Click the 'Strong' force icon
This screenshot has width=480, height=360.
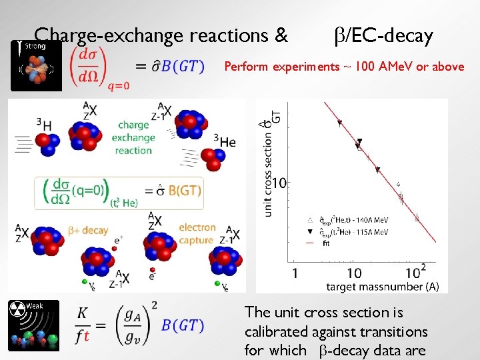tap(36, 65)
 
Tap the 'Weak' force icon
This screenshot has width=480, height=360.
tap(33, 325)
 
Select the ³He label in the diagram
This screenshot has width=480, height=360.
tap(224, 141)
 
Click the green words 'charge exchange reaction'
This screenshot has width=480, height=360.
tap(133, 137)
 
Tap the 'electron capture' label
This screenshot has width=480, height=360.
tap(197, 233)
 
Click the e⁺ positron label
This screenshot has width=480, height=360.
tap(119, 238)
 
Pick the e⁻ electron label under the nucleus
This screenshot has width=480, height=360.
tap(153, 275)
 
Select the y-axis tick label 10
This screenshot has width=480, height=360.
tap(279, 183)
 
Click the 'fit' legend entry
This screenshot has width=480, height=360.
tap(326, 243)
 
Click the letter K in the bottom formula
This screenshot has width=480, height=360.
tap(83, 312)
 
